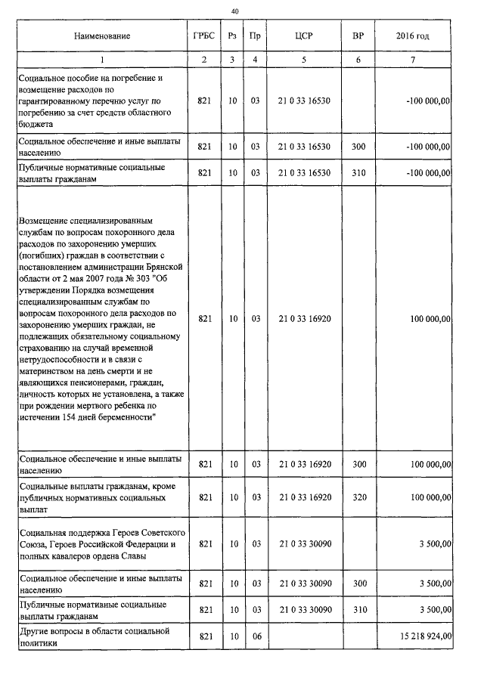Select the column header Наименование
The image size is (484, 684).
coord(102,36)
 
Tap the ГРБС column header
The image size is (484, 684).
coord(203,36)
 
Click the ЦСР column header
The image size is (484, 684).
coord(304,36)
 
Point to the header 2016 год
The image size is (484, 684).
coord(413,36)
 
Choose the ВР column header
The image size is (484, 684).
coord(358,36)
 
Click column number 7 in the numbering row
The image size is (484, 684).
coord(413,60)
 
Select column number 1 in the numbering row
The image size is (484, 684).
coord(102,60)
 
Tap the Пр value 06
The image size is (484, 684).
coord(256,637)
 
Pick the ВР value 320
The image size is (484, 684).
coord(358,497)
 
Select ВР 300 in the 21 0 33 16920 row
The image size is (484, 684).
coord(358,463)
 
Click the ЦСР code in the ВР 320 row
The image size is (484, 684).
coord(304,497)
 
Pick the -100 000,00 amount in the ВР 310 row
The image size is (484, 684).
coord(427,173)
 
